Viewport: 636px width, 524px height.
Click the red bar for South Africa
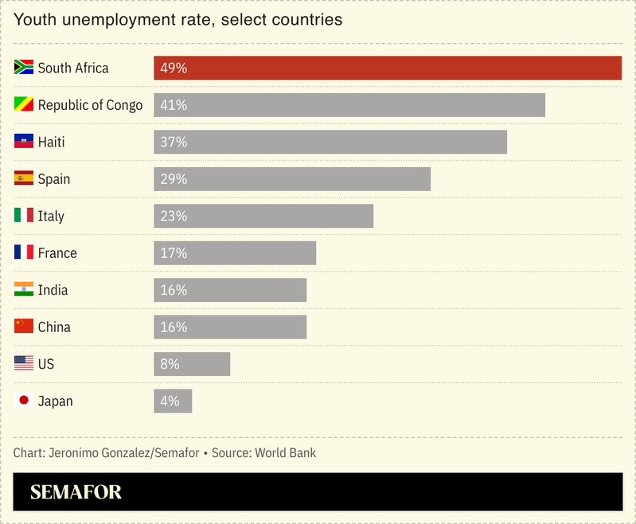coord(388,68)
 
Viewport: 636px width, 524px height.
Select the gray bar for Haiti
coord(330,142)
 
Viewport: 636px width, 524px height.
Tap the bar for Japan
coord(173,401)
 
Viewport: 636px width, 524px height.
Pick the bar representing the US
coord(192,364)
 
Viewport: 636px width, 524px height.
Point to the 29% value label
coord(174,179)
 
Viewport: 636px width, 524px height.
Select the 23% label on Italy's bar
coord(174,216)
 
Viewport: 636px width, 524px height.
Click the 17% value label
coord(174,253)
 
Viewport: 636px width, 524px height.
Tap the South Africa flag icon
coord(24,68)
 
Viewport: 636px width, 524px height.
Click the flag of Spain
coord(24,178)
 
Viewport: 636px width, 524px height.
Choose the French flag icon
coord(24,252)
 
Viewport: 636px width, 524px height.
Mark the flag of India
coord(24,290)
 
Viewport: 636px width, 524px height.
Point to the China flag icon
coord(24,327)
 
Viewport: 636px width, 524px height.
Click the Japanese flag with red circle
coord(24,401)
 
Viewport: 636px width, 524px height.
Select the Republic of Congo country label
coord(90,105)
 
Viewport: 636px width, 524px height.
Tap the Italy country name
coord(51,216)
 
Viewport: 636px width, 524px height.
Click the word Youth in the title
coord(33,20)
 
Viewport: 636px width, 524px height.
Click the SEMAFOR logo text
coord(76,492)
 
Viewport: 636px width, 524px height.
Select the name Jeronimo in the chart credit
coord(75,453)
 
